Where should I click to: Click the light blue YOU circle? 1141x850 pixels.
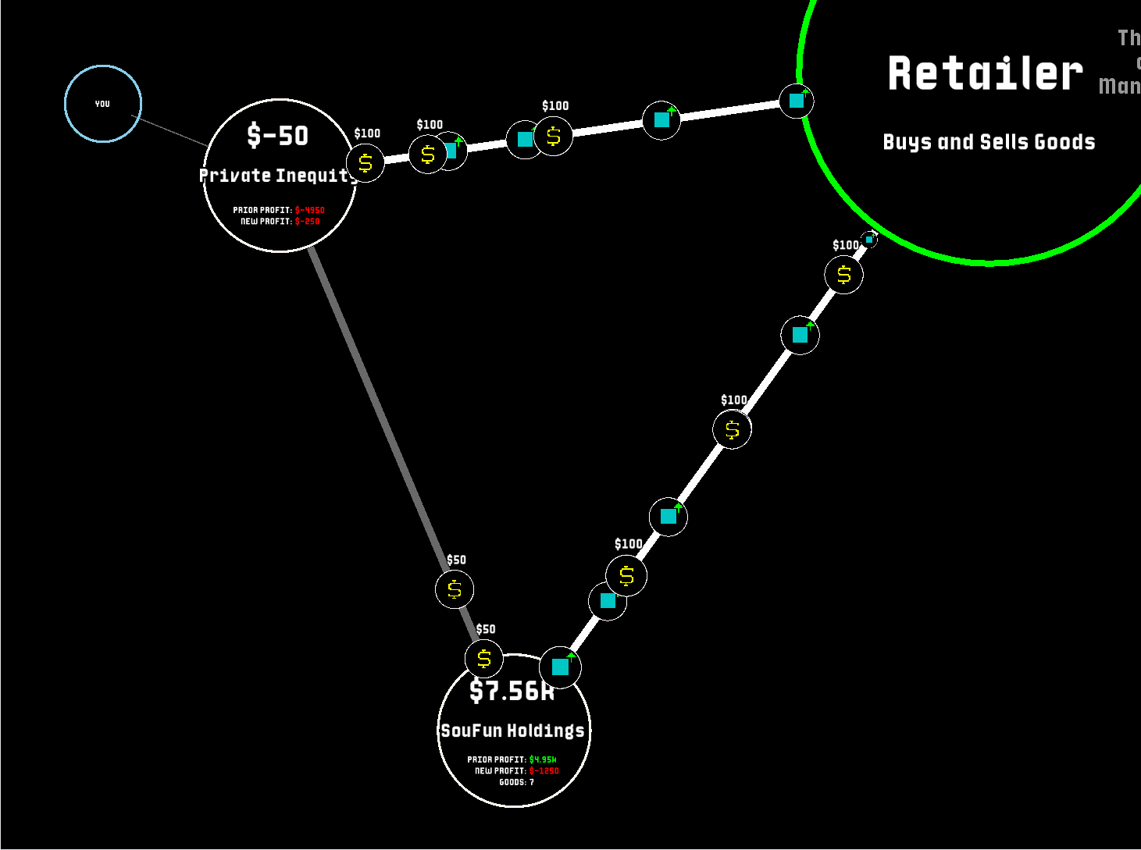point(102,104)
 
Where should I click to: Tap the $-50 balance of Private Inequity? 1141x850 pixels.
point(278,136)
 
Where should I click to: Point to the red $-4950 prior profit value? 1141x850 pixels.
point(309,210)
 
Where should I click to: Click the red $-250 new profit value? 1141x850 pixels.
point(307,222)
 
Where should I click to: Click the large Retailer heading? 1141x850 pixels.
point(985,74)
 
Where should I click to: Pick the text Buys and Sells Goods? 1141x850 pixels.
point(989,142)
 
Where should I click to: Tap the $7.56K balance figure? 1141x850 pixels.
point(512,691)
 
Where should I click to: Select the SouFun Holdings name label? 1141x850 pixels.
point(512,731)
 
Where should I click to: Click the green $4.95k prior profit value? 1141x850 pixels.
point(543,759)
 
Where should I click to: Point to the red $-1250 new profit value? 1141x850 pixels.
point(544,771)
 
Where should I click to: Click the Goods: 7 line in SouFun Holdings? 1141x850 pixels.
point(516,782)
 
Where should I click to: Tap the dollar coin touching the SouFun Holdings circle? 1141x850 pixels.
point(484,660)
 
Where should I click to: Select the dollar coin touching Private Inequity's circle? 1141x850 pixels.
point(365,164)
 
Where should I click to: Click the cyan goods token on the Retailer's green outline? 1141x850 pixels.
point(797,101)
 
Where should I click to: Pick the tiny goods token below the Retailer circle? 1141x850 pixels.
point(869,240)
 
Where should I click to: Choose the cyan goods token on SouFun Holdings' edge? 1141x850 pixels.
point(561,667)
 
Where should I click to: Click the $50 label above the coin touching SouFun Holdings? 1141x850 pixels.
point(486,629)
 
